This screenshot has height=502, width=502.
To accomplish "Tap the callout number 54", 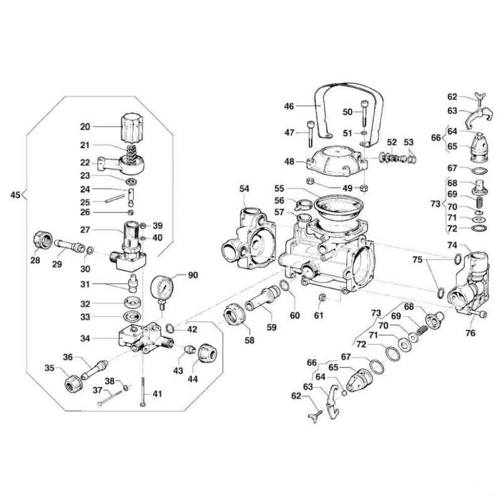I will click(245, 188).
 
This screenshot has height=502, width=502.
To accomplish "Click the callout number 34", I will click(85, 338).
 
